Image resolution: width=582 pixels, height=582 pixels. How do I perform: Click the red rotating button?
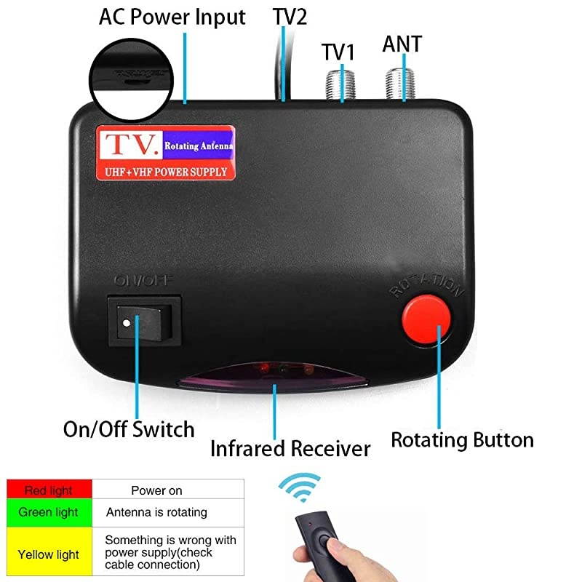[x=426, y=319]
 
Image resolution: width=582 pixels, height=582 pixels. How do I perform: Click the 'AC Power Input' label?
[x=172, y=17]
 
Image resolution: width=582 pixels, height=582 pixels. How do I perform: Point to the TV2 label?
[x=290, y=17]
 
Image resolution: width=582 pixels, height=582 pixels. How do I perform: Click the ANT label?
[x=402, y=44]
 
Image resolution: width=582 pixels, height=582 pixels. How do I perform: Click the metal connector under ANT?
[x=399, y=83]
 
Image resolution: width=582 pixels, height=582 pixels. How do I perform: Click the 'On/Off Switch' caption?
[x=129, y=429]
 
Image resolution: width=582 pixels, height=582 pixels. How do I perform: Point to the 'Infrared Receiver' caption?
[x=290, y=449]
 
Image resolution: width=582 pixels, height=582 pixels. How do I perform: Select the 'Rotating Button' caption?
[x=462, y=439]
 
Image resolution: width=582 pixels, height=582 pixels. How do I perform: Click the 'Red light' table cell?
[x=49, y=490]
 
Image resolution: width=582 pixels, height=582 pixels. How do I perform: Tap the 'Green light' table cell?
[x=49, y=512]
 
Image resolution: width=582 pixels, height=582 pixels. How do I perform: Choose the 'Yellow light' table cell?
[x=49, y=554]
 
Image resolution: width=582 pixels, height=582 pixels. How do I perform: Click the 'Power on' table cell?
[x=156, y=490]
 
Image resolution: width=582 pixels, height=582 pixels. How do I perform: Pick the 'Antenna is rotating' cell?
[x=156, y=512]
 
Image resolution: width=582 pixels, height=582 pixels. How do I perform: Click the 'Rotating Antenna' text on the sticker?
[x=199, y=146]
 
